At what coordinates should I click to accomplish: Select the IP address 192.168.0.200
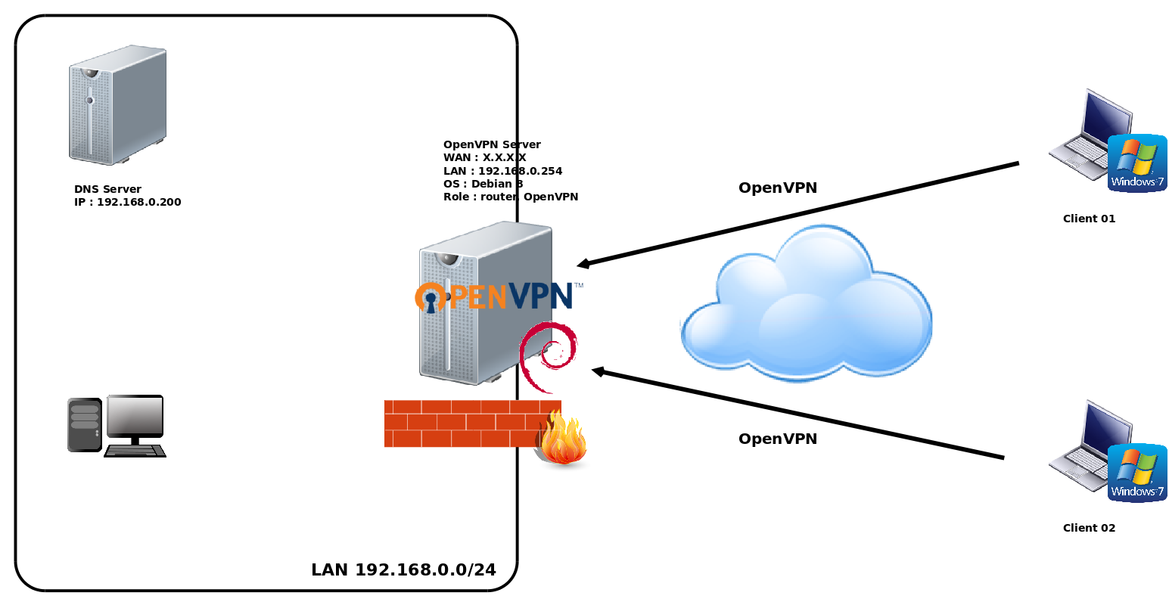coord(139,203)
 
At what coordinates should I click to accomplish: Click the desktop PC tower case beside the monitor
coord(85,425)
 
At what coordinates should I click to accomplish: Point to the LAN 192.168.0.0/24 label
coord(403,570)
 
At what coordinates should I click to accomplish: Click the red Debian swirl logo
coord(549,355)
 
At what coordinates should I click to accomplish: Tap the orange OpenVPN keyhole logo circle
coord(431,298)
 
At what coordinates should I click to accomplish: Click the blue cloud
coord(806,306)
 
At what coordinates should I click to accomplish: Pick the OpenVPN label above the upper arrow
coord(778,188)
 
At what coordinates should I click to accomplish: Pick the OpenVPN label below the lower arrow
coord(778,439)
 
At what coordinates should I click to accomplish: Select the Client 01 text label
coord(1089,219)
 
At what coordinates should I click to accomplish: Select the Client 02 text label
coord(1089,529)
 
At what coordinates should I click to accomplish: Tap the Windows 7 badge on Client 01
coord(1137,163)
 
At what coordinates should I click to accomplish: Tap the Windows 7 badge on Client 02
coord(1137,473)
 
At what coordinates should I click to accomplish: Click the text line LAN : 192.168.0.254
coord(502,172)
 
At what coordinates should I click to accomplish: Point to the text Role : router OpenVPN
coord(511,197)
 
